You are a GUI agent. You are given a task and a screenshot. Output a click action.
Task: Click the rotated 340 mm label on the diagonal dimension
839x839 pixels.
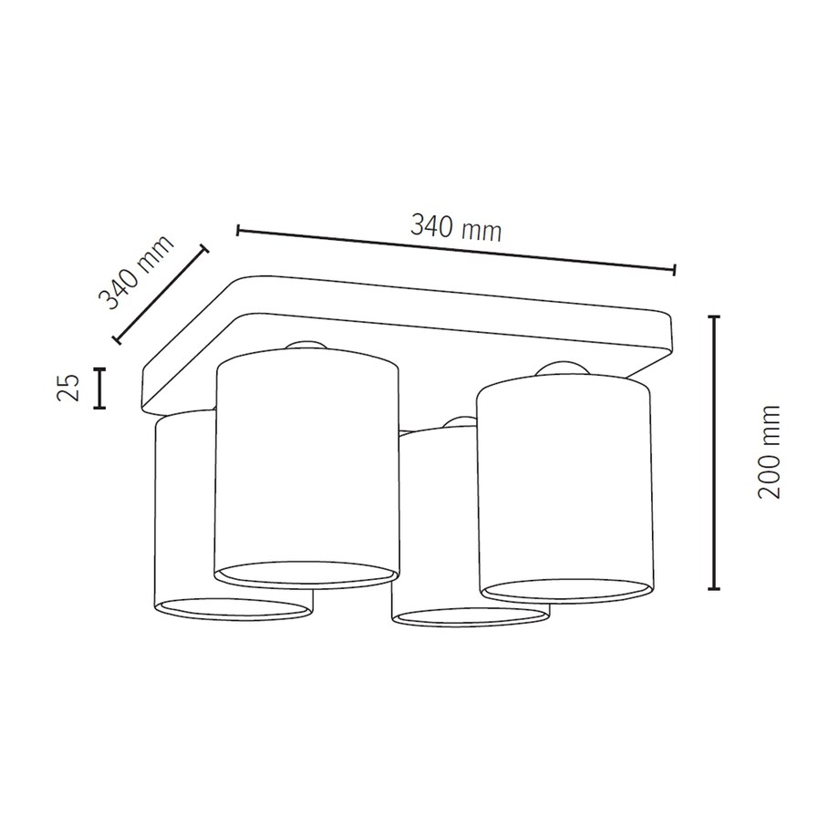pyautogui.click(x=136, y=273)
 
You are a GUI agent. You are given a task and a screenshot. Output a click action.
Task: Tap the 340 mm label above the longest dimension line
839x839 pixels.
pyautogui.click(x=456, y=228)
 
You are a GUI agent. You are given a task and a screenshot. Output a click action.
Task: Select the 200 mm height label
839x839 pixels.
pyautogui.click(x=771, y=451)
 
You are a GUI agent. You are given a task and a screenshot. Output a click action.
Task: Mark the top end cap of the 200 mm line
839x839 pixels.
pyautogui.click(x=714, y=317)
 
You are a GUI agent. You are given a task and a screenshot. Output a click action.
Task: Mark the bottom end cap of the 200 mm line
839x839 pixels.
pyautogui.click(x=714, y=588)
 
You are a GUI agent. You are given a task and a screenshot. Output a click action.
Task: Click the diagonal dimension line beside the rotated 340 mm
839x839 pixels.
pyautogui.click(x=161, y=294)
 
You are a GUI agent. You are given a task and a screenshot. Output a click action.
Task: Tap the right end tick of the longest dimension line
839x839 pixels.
pyautogui.click(x=674, y=269)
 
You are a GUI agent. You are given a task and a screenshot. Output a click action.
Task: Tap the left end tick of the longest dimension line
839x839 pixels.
pyautogui.click(x=238, y=230)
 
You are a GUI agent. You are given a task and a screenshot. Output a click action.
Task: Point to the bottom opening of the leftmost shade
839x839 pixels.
pyautogui.click(x=233, y=609)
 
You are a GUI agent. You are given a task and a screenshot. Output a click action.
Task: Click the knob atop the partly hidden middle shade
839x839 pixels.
pyautogui.click(x=456, y=422)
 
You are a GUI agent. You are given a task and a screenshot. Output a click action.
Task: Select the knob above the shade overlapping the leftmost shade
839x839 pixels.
pyautogui.click(x=306, y=345)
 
